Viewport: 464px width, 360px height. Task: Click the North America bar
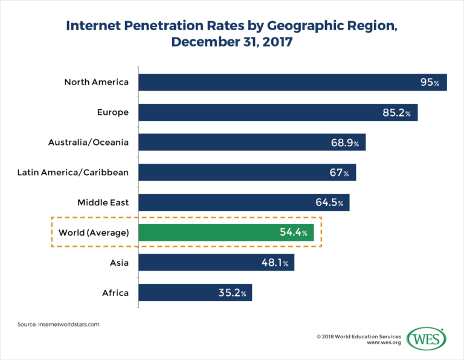point(292,82)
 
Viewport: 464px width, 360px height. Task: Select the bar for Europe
point(278,112)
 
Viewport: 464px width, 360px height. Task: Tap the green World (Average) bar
point(226,233)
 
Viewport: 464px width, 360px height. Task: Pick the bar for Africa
point(195,293)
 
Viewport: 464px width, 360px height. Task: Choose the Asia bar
point(216,263)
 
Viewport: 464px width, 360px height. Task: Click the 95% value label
point(430,82)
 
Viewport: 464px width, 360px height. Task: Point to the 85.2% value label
point(399,112)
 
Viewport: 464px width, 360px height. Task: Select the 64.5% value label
point(331,203)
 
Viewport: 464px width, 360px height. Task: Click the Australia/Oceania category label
point(88,142)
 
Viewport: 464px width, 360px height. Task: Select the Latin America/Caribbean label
point(73,172)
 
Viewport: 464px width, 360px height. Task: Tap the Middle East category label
point(103,202)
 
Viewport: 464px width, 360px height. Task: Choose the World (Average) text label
point(93,233)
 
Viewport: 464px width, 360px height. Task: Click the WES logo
point(427,339)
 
